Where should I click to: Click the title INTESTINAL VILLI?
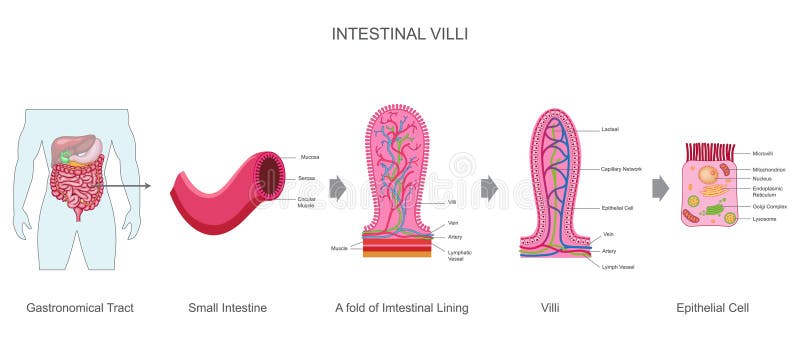tap(399, 33)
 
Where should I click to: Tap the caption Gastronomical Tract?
tap(80, 308)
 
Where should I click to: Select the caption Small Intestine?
tap(227, 308)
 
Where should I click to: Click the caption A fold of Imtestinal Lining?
tap(401, 308)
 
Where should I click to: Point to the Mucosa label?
tap(310, 157)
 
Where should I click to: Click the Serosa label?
tap(309, 177)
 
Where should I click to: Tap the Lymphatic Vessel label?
tap(460, 255)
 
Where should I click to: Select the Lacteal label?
tap(610, 129)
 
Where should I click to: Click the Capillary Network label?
tap(622, 169)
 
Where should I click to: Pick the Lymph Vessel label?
tap(619, 267)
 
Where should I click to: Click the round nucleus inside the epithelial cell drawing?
tap(708, 176)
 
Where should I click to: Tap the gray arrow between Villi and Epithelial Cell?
tap(661, 188)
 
